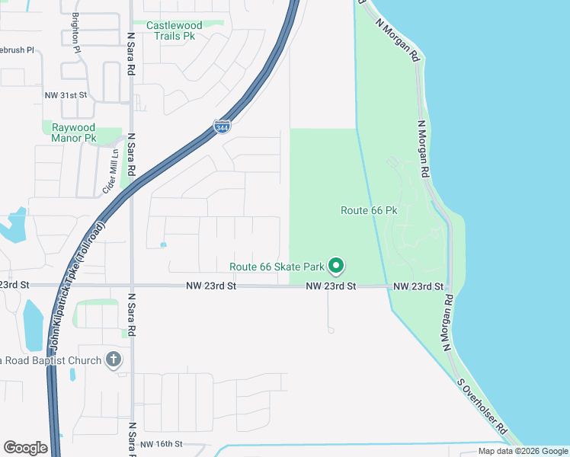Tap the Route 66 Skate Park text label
pyautogui.click(x=277, y=267)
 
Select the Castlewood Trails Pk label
pyautogui.click(x=177, y=30)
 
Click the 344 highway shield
pyautogui.click(x=222, y=126)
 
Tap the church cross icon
pyautogui.click(x=114, y=360)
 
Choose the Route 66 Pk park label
pyautogui.click(x=370, y=209)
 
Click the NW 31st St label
pyautogui.click(x=66, y=95)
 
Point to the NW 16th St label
pyautogui.click(x=162, y=443)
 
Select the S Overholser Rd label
pyautogui.click(x=482, y=407)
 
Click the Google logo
pyautogui.click(x=25, y=447)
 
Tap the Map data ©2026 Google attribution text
pyautogui.click(x=523, y=451)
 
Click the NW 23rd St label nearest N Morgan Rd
pyautogui.click(x=418, y=286)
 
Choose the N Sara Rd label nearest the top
pyautogui.click(x=131, y=53)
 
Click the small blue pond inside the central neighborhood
pyautogui.click(x=163, y=244)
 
